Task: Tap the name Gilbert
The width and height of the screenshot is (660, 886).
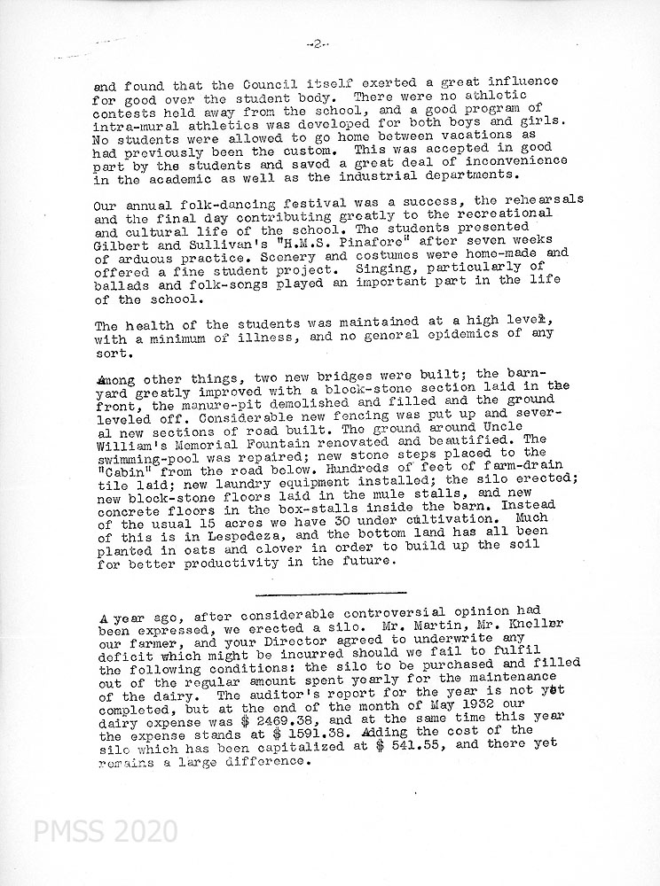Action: [121, 241]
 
